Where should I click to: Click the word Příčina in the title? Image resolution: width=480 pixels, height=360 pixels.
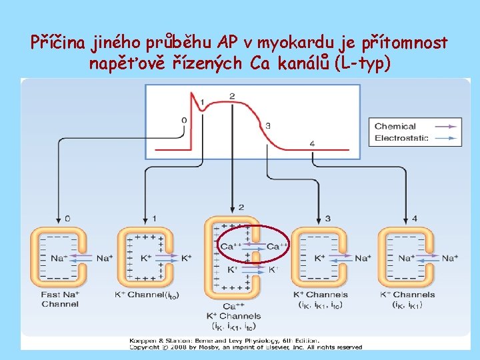click(x=53, y=43)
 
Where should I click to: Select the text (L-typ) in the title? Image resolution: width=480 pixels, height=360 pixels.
click(x=360, y=64)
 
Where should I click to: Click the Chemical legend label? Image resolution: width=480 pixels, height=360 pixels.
click(x=395, y=126)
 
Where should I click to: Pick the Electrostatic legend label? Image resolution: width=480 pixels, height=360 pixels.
click(x=401, y=138)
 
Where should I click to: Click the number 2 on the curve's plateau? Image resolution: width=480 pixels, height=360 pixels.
click(x=232, y=97)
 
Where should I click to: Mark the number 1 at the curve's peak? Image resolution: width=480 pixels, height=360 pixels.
click(x=203, y=101)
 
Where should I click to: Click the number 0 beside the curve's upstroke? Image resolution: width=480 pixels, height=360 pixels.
click(x=184, y=121)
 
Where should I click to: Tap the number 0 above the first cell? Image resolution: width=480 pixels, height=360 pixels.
click(x=66, y=218)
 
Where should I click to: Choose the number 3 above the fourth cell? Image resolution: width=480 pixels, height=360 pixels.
click(x=327, y=218)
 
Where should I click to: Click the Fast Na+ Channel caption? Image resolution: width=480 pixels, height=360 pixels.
click(x=59, y=299)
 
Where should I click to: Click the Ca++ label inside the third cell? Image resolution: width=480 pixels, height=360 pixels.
click(x=227, y=247)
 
